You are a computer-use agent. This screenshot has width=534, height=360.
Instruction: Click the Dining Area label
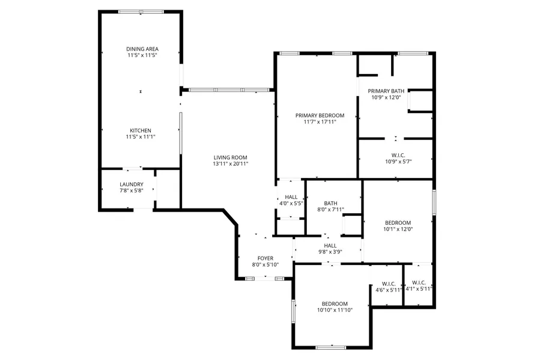[x=142, y=49]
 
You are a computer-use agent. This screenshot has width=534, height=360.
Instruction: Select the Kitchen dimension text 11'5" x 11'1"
[x=141, y=137]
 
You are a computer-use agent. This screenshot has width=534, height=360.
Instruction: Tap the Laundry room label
[x=132, y=185]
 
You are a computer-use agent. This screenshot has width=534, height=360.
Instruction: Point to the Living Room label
[x=231, y=157]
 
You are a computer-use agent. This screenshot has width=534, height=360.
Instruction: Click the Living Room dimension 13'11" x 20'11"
[x=231, y=164]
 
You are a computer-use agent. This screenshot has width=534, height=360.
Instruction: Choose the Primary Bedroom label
[x=320, y=115]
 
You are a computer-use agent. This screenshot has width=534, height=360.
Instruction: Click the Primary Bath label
[x=386, y=91]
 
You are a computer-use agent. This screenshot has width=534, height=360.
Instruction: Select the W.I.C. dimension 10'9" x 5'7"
[x=398, y=162]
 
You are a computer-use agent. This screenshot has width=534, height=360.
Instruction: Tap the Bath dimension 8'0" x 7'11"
[x=331, y=210]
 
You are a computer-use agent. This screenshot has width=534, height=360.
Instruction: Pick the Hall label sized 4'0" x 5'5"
[x=291, y=197]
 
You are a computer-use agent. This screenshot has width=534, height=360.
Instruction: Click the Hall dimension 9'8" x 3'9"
[x=330, y=252]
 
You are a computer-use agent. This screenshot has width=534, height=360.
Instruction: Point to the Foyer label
[x=265, y=258]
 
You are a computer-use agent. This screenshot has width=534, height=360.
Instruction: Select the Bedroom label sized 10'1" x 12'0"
[x=398, y=223]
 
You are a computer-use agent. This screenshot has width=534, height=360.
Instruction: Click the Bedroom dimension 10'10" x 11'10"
[x=335, y=310]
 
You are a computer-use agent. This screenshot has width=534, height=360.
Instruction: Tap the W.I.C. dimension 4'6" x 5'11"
[x=389, y=290]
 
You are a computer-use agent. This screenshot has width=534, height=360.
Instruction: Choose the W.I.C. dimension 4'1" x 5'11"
[x=419, y=289]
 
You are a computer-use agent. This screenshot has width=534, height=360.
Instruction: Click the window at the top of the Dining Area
[x=141, y=11]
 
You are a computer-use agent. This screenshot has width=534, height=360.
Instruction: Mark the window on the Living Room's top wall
[x=229, y=90]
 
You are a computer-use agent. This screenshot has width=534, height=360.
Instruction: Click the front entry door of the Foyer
[x=265, y=279]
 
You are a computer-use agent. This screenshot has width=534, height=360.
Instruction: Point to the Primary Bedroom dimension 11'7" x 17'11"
[x=320, y=121]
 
